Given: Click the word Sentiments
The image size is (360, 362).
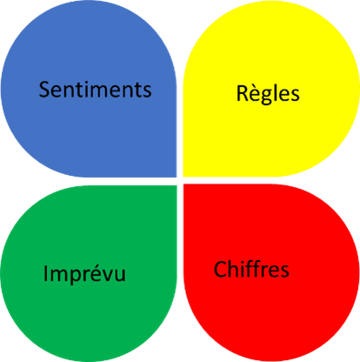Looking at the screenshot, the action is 95,90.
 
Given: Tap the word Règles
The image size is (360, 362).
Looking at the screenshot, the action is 268,94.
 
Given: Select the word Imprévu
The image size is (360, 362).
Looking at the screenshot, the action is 84,273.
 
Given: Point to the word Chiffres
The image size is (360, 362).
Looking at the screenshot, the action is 251,269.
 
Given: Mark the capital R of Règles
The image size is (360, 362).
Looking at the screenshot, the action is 243,93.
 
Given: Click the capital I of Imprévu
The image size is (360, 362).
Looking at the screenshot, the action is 45,273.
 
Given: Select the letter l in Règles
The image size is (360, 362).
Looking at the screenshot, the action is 277,92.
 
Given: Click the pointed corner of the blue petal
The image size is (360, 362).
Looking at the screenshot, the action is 177,177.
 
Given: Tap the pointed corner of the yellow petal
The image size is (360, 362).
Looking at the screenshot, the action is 183,176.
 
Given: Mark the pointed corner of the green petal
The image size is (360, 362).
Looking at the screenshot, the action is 177,185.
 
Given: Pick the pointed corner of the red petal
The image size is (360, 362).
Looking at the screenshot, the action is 183,184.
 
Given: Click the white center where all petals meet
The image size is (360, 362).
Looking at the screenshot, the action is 180,181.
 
